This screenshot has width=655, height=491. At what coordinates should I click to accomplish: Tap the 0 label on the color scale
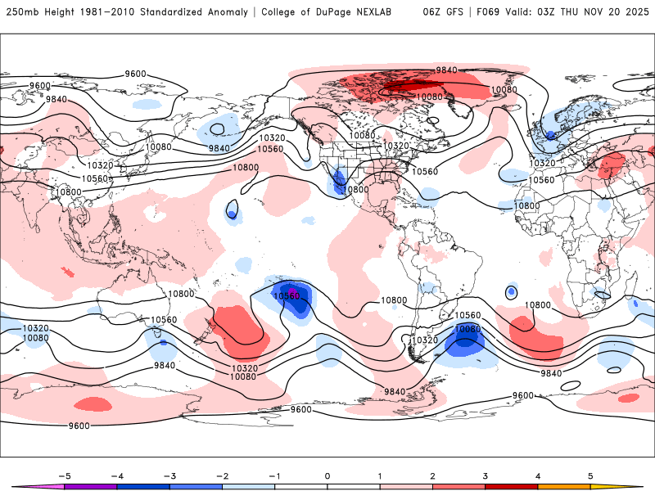click(327, 475)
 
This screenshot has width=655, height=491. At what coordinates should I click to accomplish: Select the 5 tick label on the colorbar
click(590, 475)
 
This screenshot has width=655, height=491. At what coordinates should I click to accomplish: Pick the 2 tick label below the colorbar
click(432, 475)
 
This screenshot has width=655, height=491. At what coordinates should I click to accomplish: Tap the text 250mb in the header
click(19, 12)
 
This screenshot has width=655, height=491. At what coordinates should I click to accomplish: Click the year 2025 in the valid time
click(636, 12)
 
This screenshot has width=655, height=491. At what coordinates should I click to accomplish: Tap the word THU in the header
click(571, 12)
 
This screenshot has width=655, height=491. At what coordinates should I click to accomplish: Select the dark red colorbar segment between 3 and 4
click(512, 486)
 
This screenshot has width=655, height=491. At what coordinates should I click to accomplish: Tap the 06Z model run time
click(431, 12)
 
